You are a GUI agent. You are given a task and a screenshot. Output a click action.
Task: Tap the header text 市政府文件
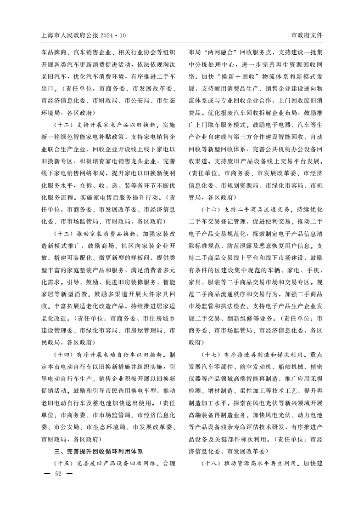pos(307,35)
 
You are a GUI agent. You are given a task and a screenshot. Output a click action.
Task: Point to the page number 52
pos(58,473)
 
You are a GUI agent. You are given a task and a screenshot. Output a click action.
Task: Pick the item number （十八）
pos(212,462)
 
